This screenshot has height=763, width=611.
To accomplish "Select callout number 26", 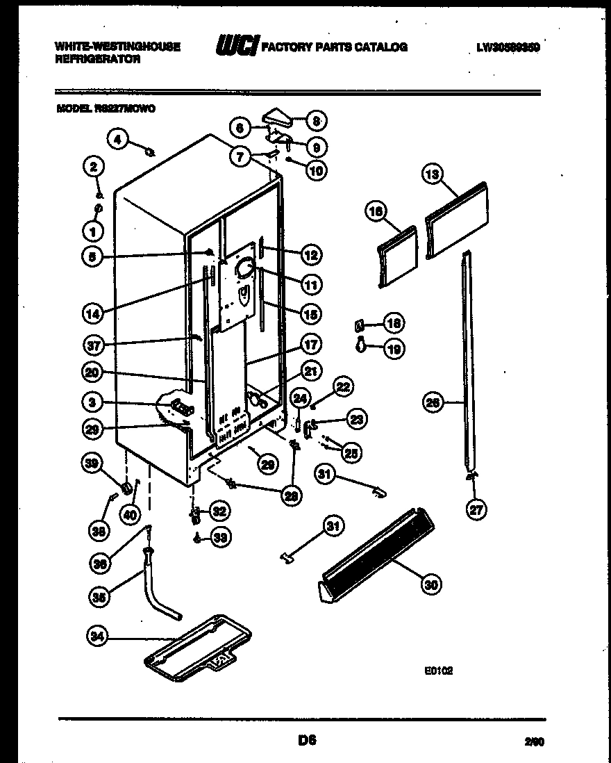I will [433, 402].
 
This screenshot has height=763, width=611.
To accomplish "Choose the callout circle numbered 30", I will [431, 585].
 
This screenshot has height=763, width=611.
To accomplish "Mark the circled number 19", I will [394, 350].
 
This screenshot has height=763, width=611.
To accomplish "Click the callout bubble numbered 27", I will [476, 509].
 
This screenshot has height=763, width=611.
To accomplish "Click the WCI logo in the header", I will [237, 47].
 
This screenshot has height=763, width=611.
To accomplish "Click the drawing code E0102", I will [440, 672].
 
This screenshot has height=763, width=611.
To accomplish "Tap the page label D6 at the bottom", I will [306, 741].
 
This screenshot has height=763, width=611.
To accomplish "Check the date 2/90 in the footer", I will [534, 743].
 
